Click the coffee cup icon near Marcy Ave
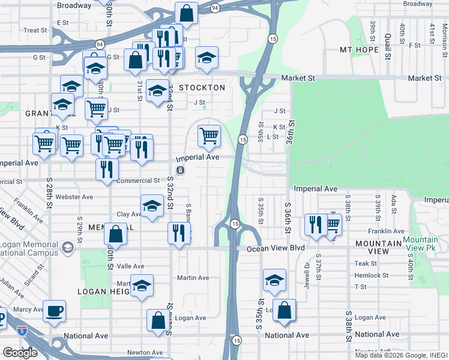coord(54,310)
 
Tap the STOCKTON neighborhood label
coord(201,88)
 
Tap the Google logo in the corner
coord(20,352)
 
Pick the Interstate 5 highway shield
coord(22,331)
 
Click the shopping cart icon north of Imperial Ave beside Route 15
coord(208,136)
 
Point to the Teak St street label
coord(365,263)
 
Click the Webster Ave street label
coord(74,197)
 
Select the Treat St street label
coord(35,30)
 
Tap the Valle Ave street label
coord(130,266)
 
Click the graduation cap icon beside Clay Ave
coord(152,206)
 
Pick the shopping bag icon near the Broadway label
coord(187,13)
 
